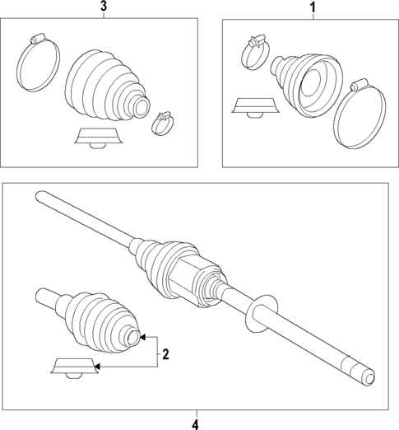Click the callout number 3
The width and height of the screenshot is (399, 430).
103,7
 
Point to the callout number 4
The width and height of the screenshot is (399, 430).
195,423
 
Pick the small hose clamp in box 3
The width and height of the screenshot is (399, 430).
163,124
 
